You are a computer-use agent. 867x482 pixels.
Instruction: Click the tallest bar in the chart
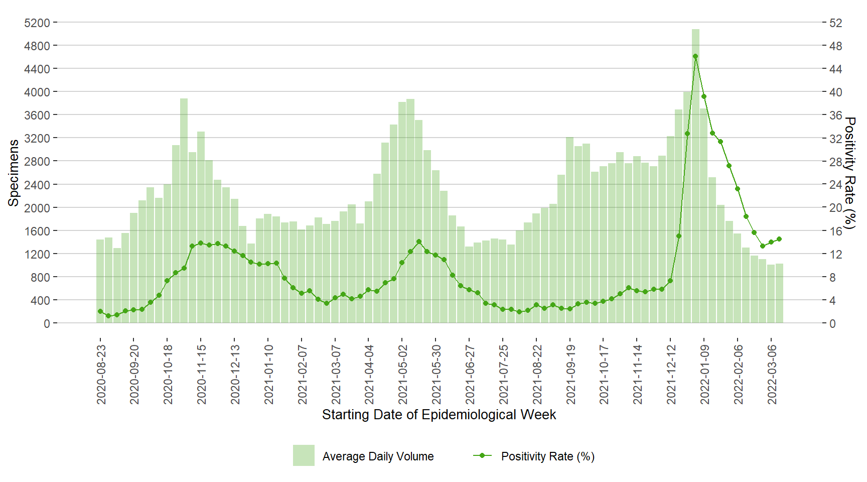[x=695, y=176]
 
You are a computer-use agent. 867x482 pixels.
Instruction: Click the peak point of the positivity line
[x=695, y=56]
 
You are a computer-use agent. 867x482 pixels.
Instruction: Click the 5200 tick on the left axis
[x=37, y=23]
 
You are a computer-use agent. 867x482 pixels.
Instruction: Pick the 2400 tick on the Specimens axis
[x=37, y=185]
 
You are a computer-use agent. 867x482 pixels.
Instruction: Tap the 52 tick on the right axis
[x=835, y=23]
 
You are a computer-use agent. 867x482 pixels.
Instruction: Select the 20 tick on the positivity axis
[x=835, y=208]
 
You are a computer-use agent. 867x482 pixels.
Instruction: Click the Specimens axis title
[x=14, y=173]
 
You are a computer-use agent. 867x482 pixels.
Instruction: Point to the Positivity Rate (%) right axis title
[x=849, y=173]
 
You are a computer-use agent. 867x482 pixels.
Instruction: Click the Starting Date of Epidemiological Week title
[x=439, y=415]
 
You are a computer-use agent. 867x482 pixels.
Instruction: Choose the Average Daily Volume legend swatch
[x=304, y=455]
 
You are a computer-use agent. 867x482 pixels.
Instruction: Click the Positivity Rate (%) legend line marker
[x=482, y=455]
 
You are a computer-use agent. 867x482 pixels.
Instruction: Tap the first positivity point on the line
[x=100, y=311]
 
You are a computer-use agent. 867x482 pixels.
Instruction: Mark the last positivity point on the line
[x=779, y=239]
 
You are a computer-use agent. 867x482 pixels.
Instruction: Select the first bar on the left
[x=100, y=281]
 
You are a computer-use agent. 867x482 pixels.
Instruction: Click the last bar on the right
[x=779, y=293]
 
